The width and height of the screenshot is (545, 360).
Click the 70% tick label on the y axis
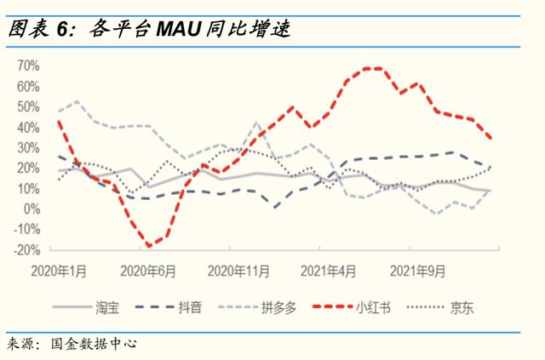(x=29, y=66)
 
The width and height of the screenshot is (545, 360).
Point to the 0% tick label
(x=32, y=209)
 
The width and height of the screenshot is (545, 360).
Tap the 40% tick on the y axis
(x=29, y=127)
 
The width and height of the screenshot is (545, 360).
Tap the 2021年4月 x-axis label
(x=325, y=271)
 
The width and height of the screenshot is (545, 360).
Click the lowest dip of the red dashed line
(x=151, y=247)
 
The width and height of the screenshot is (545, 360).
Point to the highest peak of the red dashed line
(x=371, y=67)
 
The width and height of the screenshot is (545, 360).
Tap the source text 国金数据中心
(x=93, y=345)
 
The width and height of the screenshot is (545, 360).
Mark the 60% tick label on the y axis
(x=29, y=86)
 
